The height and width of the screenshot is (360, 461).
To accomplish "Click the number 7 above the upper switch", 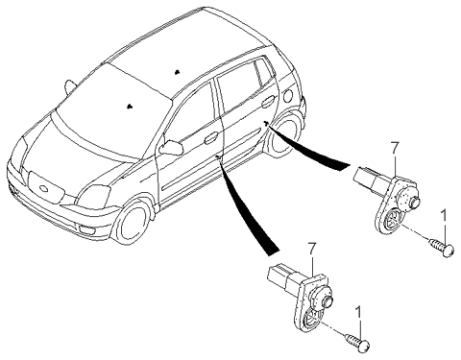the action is point(395,150).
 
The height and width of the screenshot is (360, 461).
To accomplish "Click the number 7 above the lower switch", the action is point(311,250).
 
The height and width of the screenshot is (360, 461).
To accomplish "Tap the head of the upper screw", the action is point(449,250).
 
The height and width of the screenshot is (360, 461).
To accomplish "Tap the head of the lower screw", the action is point(365,347).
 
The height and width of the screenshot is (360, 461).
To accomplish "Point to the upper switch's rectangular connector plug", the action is point(365,177).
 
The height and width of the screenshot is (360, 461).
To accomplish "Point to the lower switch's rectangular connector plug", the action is point(279,275).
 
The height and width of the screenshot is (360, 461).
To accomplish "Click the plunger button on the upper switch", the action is point(415,202).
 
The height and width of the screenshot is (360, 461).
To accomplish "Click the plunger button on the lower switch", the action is point(329,301).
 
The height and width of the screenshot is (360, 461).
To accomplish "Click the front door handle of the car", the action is point(210,138).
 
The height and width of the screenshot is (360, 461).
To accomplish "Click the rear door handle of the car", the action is point(267,103).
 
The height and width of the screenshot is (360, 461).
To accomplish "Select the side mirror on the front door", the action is point(172,147).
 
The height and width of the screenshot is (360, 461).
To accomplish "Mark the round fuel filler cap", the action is point(288,95).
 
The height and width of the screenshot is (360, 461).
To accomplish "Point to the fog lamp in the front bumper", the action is point(85,229).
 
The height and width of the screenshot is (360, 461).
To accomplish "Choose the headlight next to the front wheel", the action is point(94,196).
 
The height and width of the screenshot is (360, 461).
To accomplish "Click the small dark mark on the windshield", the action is point(130,106).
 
